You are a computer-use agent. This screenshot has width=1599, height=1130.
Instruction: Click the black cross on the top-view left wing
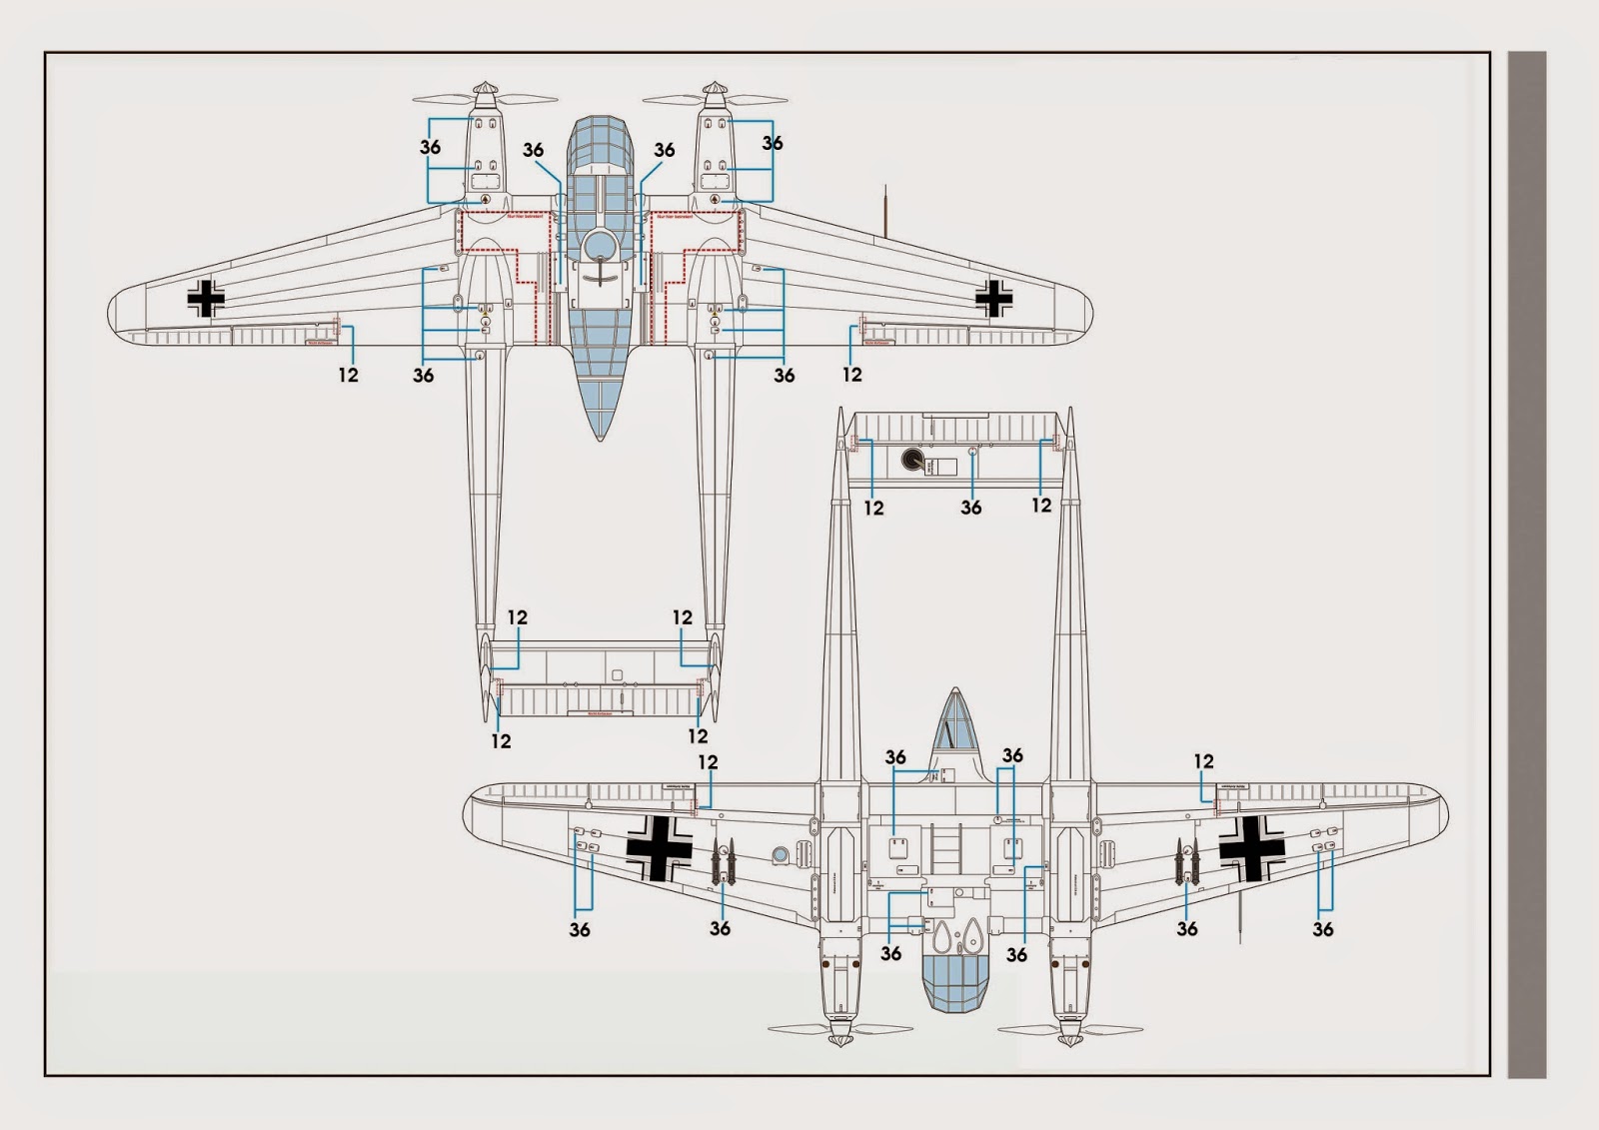point(206,298)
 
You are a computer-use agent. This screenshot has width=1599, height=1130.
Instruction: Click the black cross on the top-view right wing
point(993,298)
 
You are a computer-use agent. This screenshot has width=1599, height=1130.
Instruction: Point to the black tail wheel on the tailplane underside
point(913,460)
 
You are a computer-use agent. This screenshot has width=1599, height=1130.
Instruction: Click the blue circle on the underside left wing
point(781,854)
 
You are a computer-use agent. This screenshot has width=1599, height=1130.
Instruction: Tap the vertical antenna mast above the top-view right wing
point(885,210)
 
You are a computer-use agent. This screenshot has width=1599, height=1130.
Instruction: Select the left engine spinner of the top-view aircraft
point(485,94)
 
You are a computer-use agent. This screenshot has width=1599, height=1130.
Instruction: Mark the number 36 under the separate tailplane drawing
point(971,508)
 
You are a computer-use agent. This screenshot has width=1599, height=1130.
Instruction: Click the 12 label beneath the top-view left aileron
point(348,375)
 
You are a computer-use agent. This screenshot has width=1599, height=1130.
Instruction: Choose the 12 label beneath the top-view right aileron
point(851,375)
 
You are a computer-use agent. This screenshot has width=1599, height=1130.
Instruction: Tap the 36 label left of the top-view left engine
point(430,147)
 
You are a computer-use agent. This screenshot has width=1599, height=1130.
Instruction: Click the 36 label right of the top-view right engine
point(773,143)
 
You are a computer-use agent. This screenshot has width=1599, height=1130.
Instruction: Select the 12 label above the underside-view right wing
point(1203,761)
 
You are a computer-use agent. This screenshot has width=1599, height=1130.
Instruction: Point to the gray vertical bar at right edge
point(1526,565)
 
